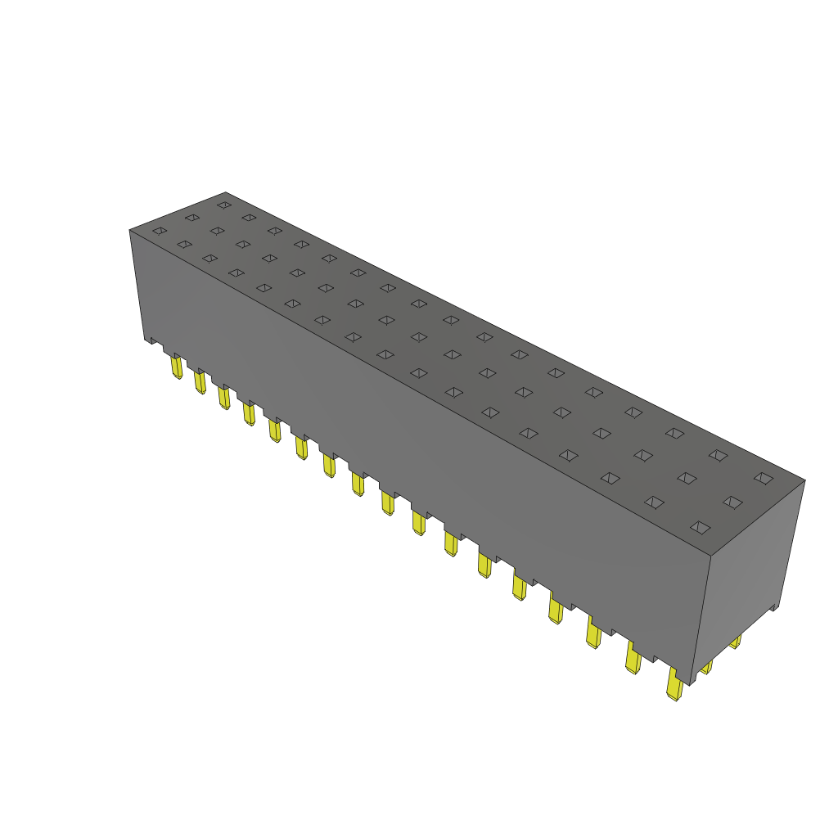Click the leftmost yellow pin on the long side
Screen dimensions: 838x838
pos(177,367)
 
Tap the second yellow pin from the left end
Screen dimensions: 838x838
pos(200,381)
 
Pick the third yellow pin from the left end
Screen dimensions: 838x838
pos(223,398)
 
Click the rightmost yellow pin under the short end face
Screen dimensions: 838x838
pos(735,641)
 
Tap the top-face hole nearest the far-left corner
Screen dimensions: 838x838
pos(223,205)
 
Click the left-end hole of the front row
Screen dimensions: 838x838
pos(160,231)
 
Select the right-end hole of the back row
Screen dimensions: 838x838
pos(763,477)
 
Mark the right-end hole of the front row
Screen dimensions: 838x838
pos(698,527)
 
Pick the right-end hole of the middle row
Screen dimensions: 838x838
pos(732,502)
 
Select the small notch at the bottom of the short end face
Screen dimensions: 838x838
pos(773,608)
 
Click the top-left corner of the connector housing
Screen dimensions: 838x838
pos(130,230)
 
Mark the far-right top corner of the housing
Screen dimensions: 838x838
pos(804,480)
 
